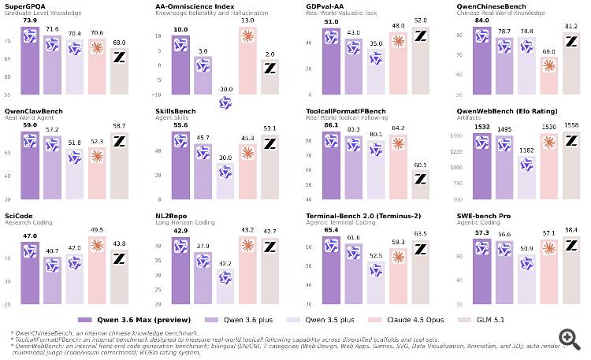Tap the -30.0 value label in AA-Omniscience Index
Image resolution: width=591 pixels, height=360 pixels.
[x=225, y=89]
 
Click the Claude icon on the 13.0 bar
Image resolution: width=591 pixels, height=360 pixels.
[x=247, y=35]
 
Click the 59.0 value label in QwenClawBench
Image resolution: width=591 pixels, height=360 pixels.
[x=31, y=124]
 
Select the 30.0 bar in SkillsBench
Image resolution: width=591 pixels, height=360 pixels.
[x=225, y=181]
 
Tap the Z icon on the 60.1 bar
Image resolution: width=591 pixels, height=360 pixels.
[x=421, y=180]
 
